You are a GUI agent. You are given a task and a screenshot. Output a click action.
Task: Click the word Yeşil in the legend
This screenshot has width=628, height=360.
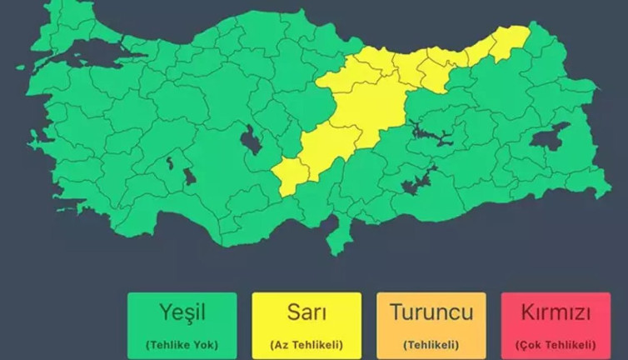[182, 313]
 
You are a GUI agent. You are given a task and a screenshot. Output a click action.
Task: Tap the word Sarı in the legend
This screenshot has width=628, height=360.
[307, 313]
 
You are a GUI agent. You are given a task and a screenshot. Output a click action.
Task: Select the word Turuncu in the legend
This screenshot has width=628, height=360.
[431, 313]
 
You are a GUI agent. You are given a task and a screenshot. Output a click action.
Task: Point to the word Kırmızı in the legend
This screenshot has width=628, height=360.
[556, 313]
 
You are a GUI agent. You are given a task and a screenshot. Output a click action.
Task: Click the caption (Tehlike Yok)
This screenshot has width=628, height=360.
[182, 344]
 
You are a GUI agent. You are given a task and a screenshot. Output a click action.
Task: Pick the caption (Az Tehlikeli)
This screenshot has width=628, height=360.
[307, 344]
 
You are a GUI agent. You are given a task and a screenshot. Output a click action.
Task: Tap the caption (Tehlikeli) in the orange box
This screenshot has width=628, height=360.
[431, 344]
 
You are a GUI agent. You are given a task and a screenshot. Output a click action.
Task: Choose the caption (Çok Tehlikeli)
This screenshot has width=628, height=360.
[556, 344]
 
